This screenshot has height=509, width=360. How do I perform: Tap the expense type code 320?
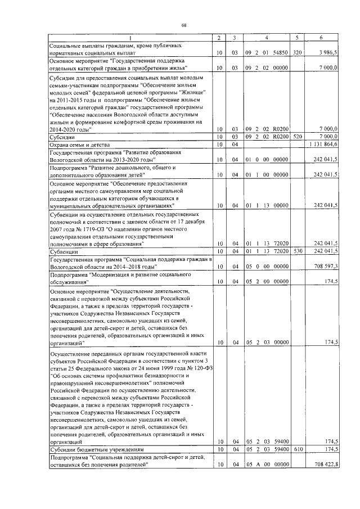pos(298,52)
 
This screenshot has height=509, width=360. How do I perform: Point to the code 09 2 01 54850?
pos(266,52)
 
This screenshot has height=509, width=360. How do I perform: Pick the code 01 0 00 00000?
pos(266,160)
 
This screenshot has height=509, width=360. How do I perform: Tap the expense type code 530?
pos(298,251)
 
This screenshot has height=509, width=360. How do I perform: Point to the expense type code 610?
pos(298,450)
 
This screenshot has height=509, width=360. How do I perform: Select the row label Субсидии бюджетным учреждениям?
pos(96,450)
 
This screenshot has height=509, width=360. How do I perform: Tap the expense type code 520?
pos(298,137)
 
